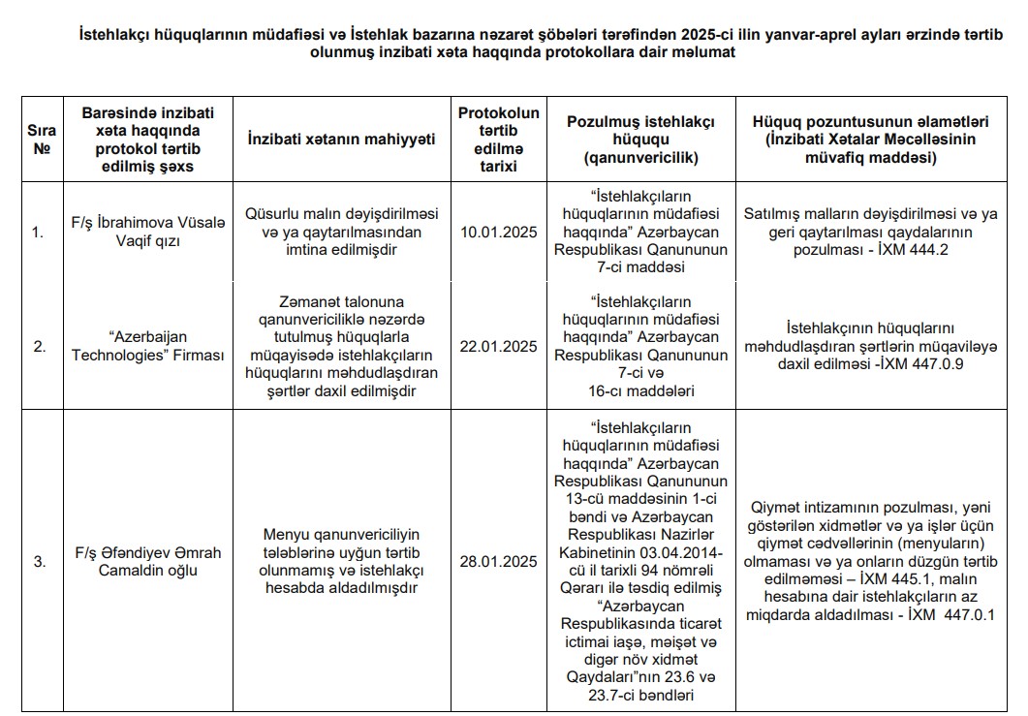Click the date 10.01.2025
click(498, 233)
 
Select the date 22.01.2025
click(498, 346)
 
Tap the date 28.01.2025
click(498, 561)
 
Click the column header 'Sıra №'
click(41, 139)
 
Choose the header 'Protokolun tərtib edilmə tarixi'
click(498, 139)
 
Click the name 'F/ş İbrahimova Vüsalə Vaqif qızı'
click(147, 233)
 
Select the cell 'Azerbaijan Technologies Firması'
click(147, 346)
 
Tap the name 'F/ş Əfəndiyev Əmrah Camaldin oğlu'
click(147, 561)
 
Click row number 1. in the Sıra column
click(37, 233)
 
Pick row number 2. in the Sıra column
click(39, 346)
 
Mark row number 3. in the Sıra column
click(39, 561)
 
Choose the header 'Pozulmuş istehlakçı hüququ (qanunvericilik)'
click(641, 139)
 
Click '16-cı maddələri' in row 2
click(641, 391)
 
